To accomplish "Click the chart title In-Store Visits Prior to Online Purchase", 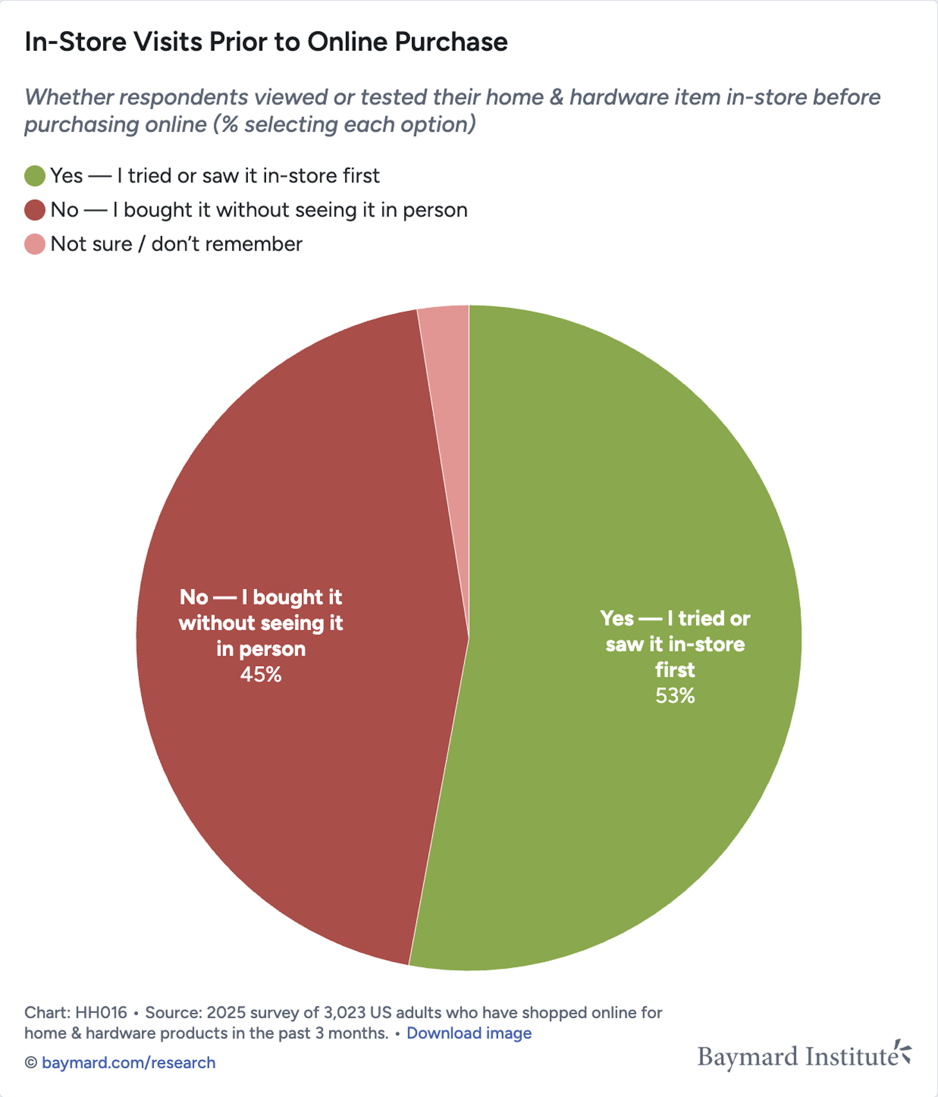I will pyautogui.click(x=266, y=42).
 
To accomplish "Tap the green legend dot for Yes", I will pyautogui.click(x=35, y=176).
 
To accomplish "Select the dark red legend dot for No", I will pyautogui.click(x=35, y=210).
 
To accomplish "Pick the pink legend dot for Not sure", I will pyautogui.click(x=35, y=244).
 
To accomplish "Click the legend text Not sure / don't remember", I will pyautogui.click(x=176, y=244).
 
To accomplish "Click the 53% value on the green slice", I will pyautogui.click(x=675, y=696).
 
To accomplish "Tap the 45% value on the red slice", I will pyautogui.click(x=260, y=675).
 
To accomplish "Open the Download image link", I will pyautogui.click(x=469, y=1033).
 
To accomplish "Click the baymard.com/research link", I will pyautogui.click(x=128, y=1062).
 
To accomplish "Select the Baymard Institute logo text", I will pyautogui.click(x=797, y=1057).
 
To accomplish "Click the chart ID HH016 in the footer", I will pyautogui.click(x=101, y=1012).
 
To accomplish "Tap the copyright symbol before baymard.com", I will pyautogui.click(x=31, y=1062).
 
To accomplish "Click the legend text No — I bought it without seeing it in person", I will pyautogui.click(x=258, y=210).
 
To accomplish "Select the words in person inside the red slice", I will pyautogui.click(x=261, y=649).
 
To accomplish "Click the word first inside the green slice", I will pyautogui.click(x=675, y=670).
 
